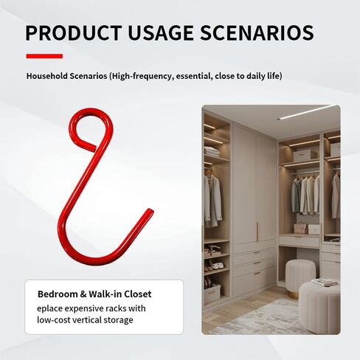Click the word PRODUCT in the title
(x=74, y=32)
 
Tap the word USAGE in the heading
(x=161, y=32)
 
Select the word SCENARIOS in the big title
(x=257, y=32)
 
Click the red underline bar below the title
(x=44, y=56)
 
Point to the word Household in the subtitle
(x=46, y=76)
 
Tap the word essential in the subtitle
(x=194, y=76)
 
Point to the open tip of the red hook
(x=150, y=211)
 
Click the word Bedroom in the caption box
(x=58, y=294)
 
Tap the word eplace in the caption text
(x=49, y=309)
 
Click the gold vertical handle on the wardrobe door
(x=257, y=232)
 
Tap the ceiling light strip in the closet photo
(x=308, y=112)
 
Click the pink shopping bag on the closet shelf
(x=300, y=227)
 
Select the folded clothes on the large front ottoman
(x=325, y=283)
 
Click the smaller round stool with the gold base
(x=300, y=278)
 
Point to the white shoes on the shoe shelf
(x=218, y=266)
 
